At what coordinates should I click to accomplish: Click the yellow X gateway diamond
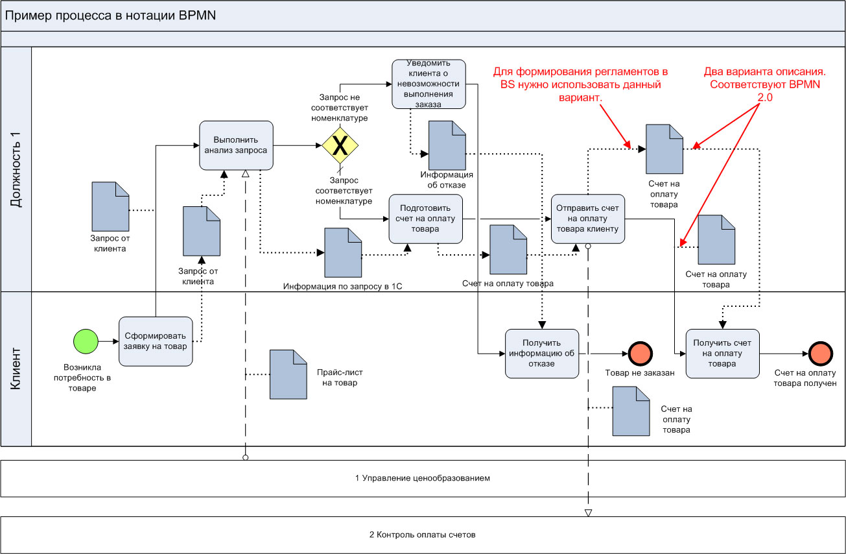(340, 146)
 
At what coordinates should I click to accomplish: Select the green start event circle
(84, 341)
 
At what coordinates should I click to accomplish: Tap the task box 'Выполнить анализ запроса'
(235, 145)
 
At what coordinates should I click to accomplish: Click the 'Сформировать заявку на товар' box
(156, 341)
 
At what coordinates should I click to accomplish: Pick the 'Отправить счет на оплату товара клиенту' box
(588, 219)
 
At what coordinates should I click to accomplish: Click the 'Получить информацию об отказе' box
(541, 353)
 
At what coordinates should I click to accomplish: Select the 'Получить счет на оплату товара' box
(722, 353)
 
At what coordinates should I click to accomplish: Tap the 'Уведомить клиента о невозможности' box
(429, 84)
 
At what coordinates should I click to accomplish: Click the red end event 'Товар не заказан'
(640, 354)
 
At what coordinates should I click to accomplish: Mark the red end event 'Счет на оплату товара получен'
(821, 354)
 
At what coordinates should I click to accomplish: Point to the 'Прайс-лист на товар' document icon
(288, 374)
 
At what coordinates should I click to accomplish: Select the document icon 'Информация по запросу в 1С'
(343, 252)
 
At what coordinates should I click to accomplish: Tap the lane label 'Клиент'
(16, 368)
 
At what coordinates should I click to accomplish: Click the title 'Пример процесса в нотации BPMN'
(110, 16)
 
